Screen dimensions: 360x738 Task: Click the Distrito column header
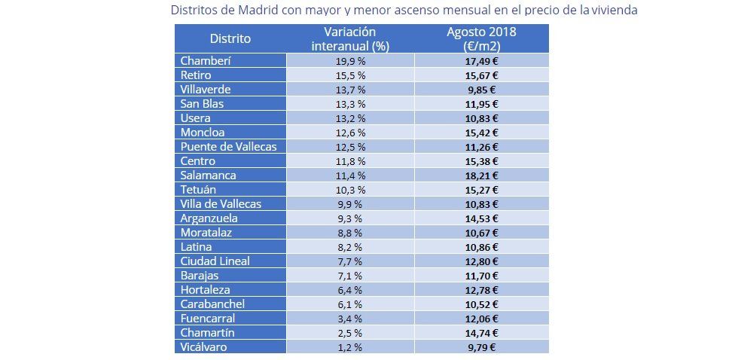click(230, 38)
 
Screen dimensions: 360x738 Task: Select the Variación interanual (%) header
click(350, 38)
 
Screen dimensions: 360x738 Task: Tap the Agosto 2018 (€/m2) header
click(481, 38)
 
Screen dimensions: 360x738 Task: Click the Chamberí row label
click(206, 61)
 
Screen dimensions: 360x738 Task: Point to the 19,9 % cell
click(350, 61)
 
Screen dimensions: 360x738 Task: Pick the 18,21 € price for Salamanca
click(482, 175)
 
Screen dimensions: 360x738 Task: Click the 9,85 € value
click(482, 90)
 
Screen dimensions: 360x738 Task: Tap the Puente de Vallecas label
click(229, 147)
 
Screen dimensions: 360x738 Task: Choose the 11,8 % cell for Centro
click(350, 161)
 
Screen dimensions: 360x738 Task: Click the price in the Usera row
click(482, 118)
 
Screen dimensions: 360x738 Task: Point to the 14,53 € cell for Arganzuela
click(482, 218)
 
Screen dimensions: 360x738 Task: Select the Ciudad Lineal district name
click(215, 261)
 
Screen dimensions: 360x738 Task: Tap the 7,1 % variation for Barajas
click(350, 276)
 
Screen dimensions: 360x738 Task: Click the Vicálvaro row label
click(203, 347)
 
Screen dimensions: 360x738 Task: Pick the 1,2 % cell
click(350, 347)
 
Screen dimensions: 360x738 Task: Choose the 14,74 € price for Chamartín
click(482, 333)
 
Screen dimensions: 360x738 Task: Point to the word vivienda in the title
click(614, 11)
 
